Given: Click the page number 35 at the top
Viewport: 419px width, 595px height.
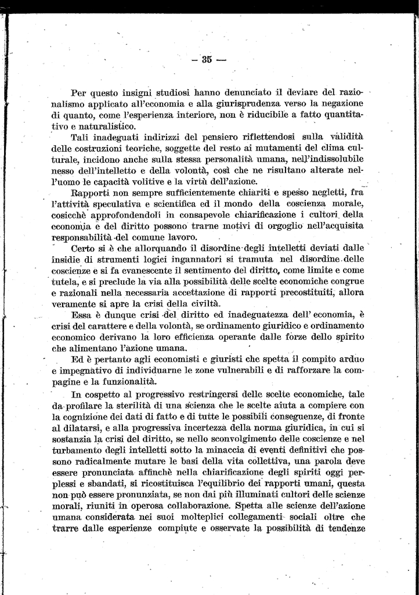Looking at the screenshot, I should tap(207, 59).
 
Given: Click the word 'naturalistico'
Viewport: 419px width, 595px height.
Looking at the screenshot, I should tap(104, 126).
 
